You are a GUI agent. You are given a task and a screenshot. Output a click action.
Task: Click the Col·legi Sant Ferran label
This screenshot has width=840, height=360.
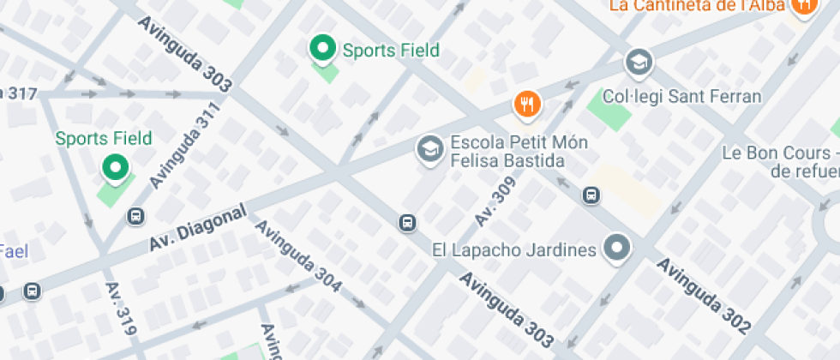tap(682, 96)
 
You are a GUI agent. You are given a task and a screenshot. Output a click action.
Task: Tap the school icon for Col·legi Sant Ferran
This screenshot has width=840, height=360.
tap(638, 63)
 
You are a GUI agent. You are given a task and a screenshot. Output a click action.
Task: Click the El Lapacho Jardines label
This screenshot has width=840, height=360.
tap(513, 250)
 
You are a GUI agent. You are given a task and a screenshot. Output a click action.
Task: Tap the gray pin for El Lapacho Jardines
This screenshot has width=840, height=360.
tap(616, 249)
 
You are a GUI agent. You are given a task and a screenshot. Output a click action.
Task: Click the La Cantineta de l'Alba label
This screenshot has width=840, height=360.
tap(698, 6)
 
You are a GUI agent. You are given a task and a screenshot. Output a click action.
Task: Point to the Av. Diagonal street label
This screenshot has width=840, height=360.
tap(198, 228)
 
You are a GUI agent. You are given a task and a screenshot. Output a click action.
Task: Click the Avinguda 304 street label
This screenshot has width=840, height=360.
tap(298, 257)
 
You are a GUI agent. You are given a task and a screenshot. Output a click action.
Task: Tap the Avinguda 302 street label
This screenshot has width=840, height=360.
tap(704, 296)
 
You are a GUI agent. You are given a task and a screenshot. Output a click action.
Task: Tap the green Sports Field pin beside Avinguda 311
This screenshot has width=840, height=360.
tap(115, 168)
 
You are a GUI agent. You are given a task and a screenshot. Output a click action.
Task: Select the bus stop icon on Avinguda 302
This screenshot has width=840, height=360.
tap(591, 195)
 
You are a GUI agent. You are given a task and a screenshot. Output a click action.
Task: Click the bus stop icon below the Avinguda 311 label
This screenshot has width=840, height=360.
tap(135, 216)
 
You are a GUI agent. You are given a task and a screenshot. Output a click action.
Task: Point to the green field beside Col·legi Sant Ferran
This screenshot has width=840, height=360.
tap(609, 110)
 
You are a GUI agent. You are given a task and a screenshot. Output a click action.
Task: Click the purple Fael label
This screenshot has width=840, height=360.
tap(15, 251)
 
